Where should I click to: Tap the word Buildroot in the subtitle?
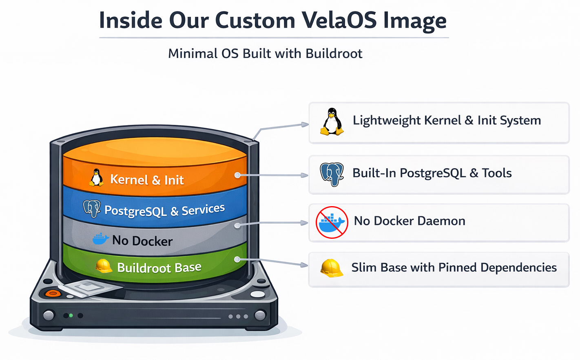click(334, 53)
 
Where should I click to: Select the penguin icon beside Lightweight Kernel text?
click(332, 122)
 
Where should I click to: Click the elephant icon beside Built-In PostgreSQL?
click(332, 174)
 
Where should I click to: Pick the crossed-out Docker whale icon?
click(332, 222)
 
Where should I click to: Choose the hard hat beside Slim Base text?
click(331, 268)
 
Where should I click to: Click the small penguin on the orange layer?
click(97, 178)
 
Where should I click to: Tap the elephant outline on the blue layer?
click(92, 209)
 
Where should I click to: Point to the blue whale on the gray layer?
click(100, 239)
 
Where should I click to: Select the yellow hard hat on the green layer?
click(104, 266)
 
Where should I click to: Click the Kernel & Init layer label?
click(147, 180)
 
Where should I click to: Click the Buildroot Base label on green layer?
click(159, 267)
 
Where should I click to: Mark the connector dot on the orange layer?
click(237, 175)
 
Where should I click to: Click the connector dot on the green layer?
click(237, 259)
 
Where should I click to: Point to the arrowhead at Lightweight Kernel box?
click(305, 124)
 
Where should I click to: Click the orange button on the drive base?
click(53, 293)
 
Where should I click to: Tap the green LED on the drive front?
click(71, 316)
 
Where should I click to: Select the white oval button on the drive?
click(257, 294)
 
